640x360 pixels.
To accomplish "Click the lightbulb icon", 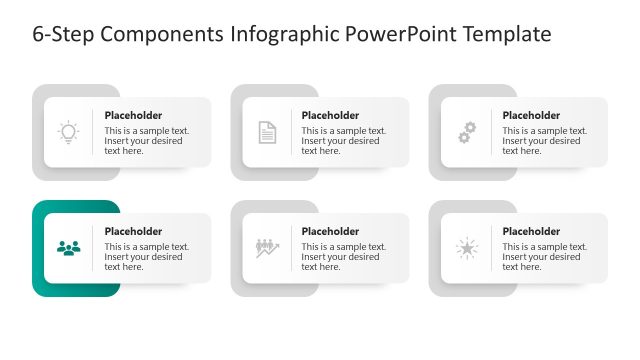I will pyautogui.click(x=68, y=132).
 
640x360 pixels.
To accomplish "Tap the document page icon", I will pyautogui.click(x=267, y=132).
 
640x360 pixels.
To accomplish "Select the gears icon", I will pyautogui.click(x=466, y=132).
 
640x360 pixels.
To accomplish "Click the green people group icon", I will pyautogui.click(x=68, y=248).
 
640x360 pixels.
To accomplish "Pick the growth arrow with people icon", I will pyautogui.click(x=267, y=248).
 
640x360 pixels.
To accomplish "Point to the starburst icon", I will pyautogui.click(x=466, y=248).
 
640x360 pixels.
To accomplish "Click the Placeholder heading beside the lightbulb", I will pyautogui.click(x=133, y=115).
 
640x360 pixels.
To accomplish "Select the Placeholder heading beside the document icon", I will pyautogui.click(x=330, y=115).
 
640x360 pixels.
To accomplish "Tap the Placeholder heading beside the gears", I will pyautogui.click(x=531, y=115).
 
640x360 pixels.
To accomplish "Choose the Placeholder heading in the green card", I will pyautogui.click(x=133, y=231).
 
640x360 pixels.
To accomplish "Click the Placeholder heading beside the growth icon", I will pyautogui.click(x=330, y=231).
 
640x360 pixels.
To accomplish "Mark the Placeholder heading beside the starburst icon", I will pyautogui.click(x=531, y=231).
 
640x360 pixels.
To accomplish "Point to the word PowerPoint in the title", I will pyautogui.click(x=398, y=35).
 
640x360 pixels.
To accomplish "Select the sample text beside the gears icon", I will pyautogui.click(x=544, y=141).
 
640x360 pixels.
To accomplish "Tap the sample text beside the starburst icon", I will pyautogui.click(x=544, y=257).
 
